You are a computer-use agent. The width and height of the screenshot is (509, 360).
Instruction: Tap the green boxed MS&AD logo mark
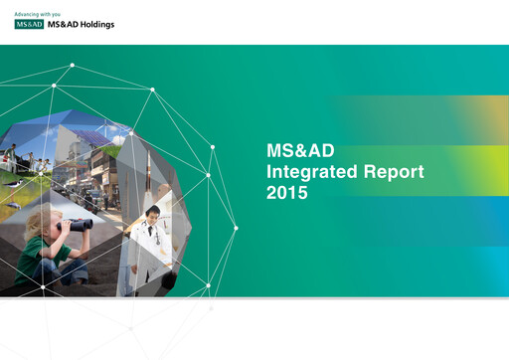[30, 25]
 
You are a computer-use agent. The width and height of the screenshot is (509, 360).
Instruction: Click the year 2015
[288, 194]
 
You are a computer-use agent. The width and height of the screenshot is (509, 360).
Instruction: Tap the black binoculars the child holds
[78, 226]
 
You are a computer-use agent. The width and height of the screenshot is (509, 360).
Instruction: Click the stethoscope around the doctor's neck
[151, 237]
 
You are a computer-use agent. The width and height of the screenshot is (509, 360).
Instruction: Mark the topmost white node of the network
[73, 66]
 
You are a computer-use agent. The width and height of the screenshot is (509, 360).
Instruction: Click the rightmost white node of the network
[236, 228]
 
